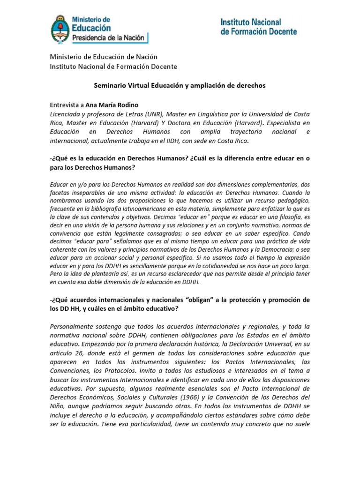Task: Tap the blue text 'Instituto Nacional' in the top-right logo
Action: pos(251,22)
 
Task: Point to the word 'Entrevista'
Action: pos(65,105)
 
